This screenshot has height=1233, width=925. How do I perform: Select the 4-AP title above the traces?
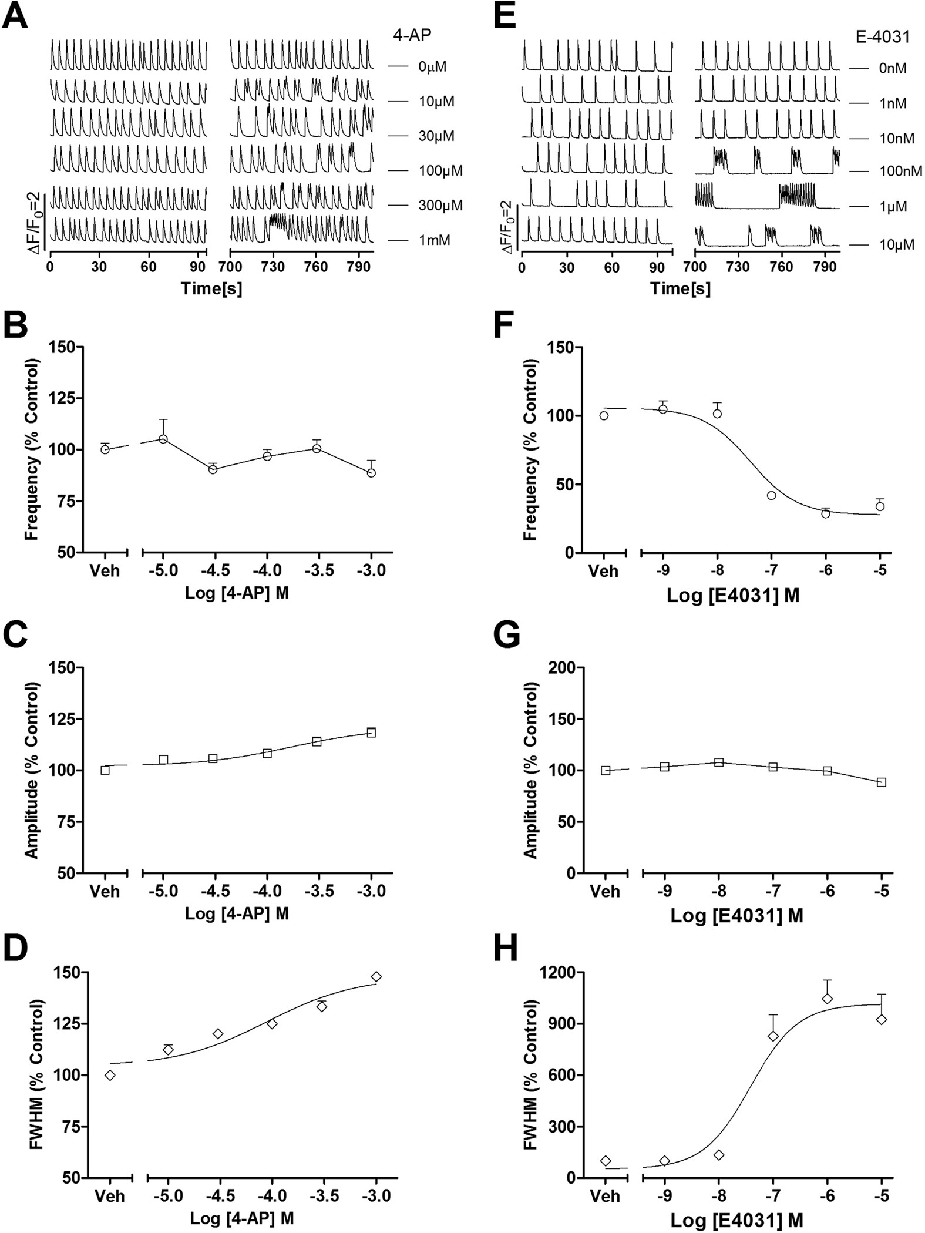click(x=412, y=35)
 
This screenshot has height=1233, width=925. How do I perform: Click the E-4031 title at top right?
click(x=882, y=36)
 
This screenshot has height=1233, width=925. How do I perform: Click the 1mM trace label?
click(x=434, y=240)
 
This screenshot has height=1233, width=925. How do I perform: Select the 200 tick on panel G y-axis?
click(x=561, y=667)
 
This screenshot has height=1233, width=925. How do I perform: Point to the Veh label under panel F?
click(x=604, y=570)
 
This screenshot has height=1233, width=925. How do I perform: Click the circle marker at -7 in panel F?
click(x=771, y=495)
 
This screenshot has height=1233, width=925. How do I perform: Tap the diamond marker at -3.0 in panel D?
click(x=376, y=976)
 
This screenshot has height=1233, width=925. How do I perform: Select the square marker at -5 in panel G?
click(x=881, y=782)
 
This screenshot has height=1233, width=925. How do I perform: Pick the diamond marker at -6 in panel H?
click(x=827, y=998)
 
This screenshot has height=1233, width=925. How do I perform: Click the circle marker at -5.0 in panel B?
click(x=163, y=439)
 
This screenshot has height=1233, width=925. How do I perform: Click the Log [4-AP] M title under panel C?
click(x=237, y=914)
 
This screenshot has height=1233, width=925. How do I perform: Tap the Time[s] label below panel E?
click(x=680, y=288)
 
